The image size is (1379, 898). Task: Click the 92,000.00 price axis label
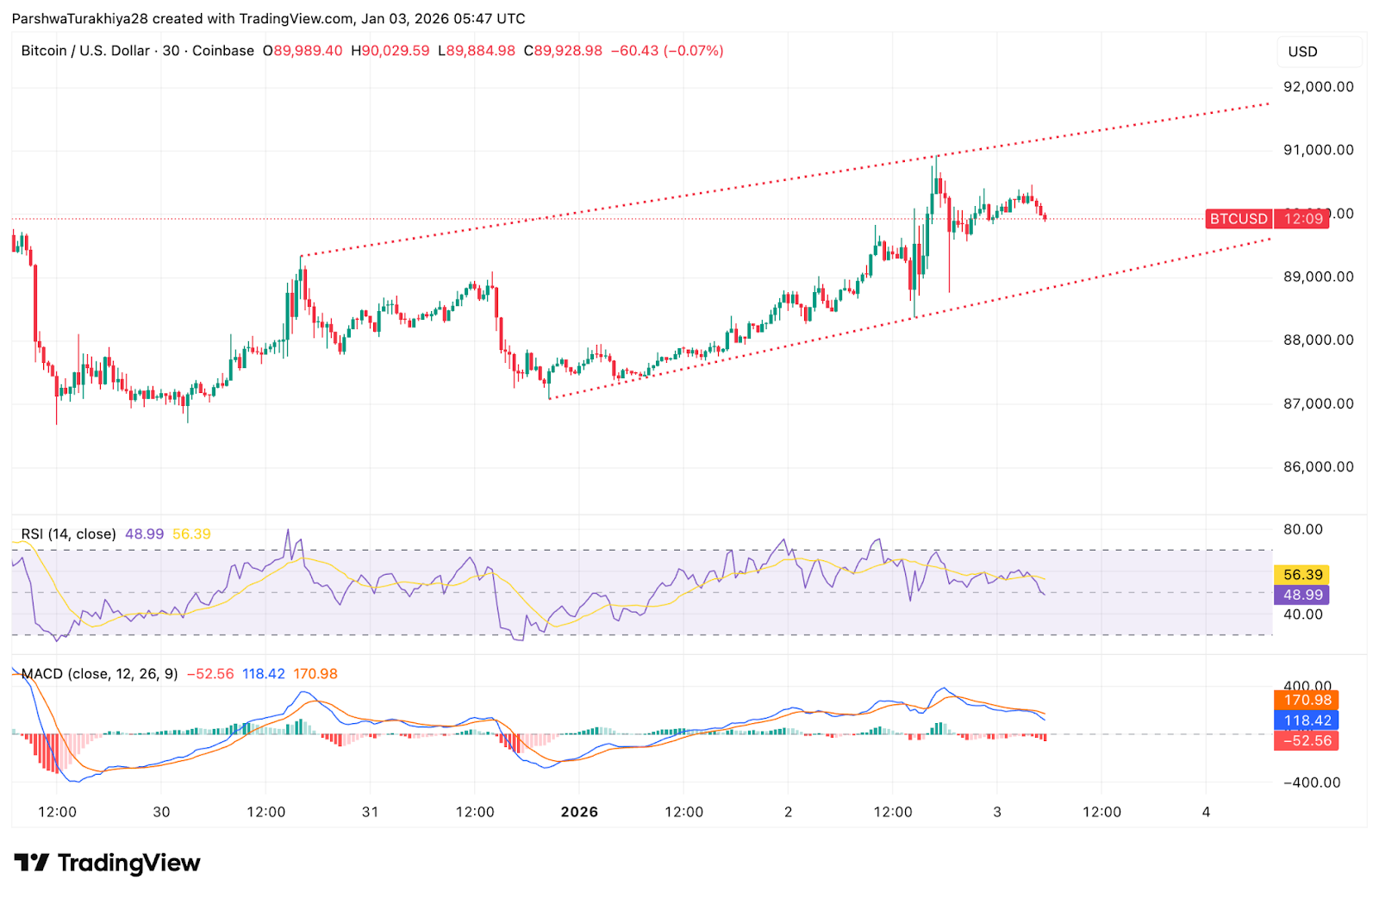1318,86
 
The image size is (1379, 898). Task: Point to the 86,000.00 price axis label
1318,467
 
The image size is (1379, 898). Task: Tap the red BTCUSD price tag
1238,219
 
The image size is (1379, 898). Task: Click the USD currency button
1302,52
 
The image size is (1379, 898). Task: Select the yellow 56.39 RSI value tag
1302,575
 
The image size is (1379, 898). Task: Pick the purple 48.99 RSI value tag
1302,595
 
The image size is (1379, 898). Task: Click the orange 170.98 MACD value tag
1307,700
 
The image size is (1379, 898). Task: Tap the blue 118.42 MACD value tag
1307,720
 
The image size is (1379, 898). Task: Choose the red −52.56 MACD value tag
1307,740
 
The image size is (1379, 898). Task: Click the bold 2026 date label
579,812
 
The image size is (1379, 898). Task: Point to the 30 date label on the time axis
161,812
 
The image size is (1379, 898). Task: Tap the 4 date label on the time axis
1206,812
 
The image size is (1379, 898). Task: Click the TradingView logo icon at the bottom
32,863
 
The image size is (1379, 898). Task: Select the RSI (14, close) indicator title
68,534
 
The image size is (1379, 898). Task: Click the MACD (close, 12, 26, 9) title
99,674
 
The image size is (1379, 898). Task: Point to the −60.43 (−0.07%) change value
667,51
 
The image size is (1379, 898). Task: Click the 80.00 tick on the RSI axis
1302,529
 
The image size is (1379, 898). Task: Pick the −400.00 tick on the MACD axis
1312,783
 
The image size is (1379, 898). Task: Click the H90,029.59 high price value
390,51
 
